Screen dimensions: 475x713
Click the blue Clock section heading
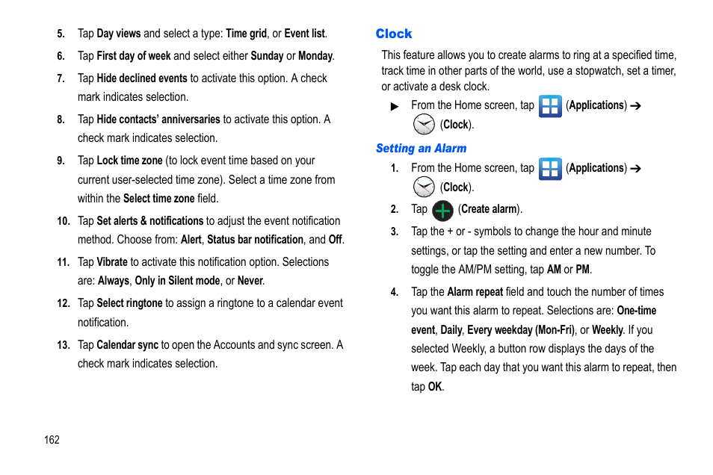pyautogui.click(x=393, y=34)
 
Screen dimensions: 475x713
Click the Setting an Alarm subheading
pyautogui.click(x=421, y=149)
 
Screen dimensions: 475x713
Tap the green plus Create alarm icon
pyautogui.click(x=442, y=211)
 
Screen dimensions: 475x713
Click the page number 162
pyautogui.click(x=52, y=439)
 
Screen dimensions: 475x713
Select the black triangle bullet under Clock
pyautogui.click(x=395, y=107)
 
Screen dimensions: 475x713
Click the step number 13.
pyautogui.click(x=64, y=345)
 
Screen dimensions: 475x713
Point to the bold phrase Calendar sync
pyautogui.click(x=127, y=345)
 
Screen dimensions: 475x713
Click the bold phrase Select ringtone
pyautogui.click(x=129, y=303)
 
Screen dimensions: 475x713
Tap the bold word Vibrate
pyautogui.click(x=112, y=262)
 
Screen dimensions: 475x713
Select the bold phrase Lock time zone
pyautogui.click(x=129, y=161)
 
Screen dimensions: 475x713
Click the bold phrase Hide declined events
pyautogui.click(x=142, y=78)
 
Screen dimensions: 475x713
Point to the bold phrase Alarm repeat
pyautogui.click(x=475, y=292)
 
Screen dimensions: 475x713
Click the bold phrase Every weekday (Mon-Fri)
pyautogui.click(x=521, y=330)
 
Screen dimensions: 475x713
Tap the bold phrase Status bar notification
pyautogui.click(x=255, y=240)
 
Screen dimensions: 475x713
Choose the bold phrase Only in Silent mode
pyautogui.click(x=177, y=281)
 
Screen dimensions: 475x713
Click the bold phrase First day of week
pyautogui.click(x=134, y=56)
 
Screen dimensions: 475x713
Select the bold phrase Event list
pyautogui.click(x=304, y=34)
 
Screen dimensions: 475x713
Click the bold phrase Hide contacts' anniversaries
pyautogui.click(x=158, y=119)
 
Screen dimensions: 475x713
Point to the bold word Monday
pyautogui.click(x=315, y=56)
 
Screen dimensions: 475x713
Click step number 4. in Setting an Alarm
pyautogui.click(x=395, y=292)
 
